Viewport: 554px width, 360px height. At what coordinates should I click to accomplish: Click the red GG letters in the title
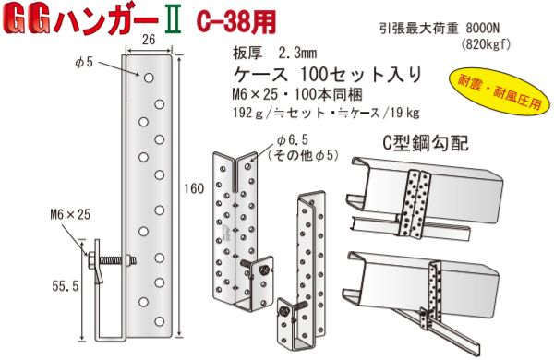click(x=27, y=21)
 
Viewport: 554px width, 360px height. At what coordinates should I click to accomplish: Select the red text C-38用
click(x=235, y=21)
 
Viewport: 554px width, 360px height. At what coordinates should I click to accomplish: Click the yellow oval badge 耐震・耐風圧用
click(x=500, y=92)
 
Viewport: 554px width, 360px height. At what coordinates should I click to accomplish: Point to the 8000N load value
click(x=483, y=28)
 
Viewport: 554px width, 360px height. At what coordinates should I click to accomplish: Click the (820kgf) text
click(x=486, y=44)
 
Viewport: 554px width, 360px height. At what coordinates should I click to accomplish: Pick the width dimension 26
click(x=149, y=39)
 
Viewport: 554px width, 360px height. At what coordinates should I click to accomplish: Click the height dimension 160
click(x=194, y=188)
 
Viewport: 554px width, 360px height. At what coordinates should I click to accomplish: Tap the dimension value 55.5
click(x=66, y=286)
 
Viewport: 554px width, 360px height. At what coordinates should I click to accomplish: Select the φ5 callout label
click(x=83, y=63)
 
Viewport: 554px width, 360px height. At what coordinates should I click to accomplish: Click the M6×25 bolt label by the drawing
click(x=71, y=214)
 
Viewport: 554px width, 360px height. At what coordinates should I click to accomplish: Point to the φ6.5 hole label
click(x=293, y=140)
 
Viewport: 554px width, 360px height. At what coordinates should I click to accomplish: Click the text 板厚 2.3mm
click(x=274, y=54)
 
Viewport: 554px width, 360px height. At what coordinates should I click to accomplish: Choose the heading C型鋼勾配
click(x=426, y=143)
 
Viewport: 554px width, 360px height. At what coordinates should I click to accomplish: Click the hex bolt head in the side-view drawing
click(x=90, y=260)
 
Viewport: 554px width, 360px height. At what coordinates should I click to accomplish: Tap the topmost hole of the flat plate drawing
click(x=149, y=78)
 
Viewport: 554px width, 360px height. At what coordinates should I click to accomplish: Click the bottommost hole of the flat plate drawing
click(x=160, y=321)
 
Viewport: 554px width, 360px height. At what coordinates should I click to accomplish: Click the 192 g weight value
click(x=247, y=113)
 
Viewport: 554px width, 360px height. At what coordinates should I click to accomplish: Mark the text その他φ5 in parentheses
click(x=303, y=155)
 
